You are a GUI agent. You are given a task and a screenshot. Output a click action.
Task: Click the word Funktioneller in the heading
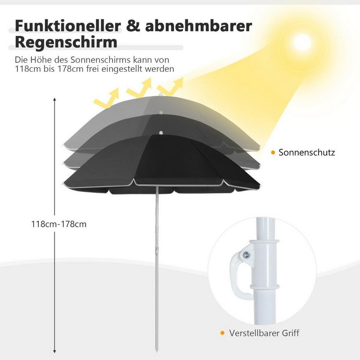tap(68, 26)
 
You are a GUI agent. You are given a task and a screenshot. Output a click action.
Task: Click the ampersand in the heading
tap(133, 26)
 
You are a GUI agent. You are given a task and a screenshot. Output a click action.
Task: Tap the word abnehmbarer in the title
tap(199, 26)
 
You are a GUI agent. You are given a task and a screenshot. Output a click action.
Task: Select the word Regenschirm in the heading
tap(66, 42)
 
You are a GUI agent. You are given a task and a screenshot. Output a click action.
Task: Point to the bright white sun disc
tap(302, 43)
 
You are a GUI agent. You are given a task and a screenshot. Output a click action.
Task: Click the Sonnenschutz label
tap(307, 153)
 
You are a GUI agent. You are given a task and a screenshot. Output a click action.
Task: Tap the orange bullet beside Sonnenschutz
tap(273, 153)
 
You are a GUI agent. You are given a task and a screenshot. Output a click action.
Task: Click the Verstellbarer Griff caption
tap(264, 333)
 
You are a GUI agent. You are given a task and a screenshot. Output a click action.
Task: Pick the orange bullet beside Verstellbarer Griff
tap(222, 333)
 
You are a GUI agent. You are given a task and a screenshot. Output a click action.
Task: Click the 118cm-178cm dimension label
tap(59, 224)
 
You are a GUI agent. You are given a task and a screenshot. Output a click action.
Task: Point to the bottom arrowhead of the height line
tap(55, 351)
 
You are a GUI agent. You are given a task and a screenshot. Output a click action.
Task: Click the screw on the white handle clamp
tap(247, 254)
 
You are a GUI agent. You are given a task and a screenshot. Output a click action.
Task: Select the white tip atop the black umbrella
tap(161, 133)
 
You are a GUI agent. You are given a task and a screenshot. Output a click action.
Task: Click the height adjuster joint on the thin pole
tap(157, 249)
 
